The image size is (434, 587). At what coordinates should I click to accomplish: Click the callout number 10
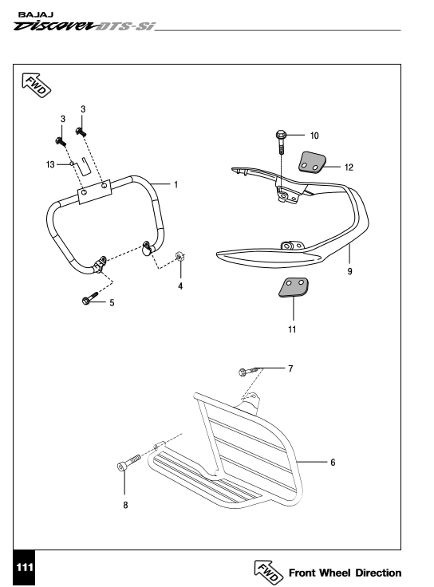[314, 136]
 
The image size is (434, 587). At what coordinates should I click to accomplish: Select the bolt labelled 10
[281, 141]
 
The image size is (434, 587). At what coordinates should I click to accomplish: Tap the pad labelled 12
[312, 162]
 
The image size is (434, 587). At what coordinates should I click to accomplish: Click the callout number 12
[349, 167]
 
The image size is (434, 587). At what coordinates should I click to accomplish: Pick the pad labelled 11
[294, 287]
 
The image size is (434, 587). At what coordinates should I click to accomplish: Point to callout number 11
[292, 329]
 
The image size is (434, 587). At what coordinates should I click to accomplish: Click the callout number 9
[349, 271]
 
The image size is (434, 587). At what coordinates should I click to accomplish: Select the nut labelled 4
[180, 257]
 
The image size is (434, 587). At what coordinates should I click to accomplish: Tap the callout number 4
[180, 286]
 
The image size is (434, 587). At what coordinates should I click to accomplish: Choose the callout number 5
[112, 302]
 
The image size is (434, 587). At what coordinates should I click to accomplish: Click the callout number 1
[176, 184]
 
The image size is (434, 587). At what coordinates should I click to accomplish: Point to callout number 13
[50, 165]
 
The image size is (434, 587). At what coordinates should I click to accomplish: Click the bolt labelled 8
[128, 463]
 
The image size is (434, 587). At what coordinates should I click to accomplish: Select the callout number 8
[125, 505]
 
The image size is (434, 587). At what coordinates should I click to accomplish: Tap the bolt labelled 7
[248, 372]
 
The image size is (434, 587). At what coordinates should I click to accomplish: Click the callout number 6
[333, 463]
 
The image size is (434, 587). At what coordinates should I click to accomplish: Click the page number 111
[25, 568]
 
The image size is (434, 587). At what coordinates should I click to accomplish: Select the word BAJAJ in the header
[36, 14]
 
